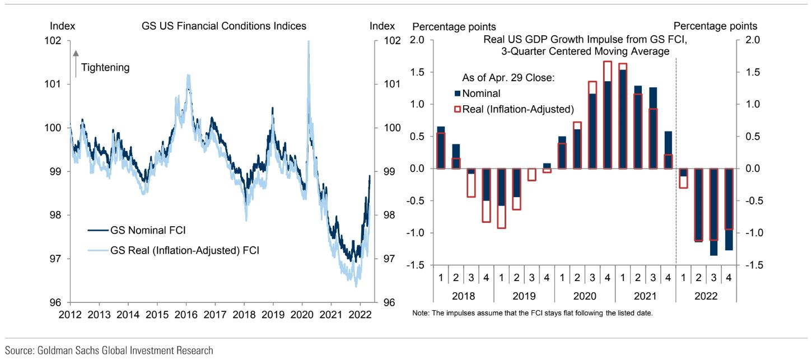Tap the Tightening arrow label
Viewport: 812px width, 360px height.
click(105, 68)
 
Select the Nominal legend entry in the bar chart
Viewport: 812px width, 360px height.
click(481, 94)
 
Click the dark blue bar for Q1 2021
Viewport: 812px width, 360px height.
click(623, 119)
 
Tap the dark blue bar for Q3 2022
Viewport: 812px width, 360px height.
click(713, 212)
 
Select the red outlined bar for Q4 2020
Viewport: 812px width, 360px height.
click(607, 115)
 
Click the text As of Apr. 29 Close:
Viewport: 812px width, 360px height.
click(508, 78)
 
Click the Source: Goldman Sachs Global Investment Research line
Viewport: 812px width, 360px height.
click(109, 351)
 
